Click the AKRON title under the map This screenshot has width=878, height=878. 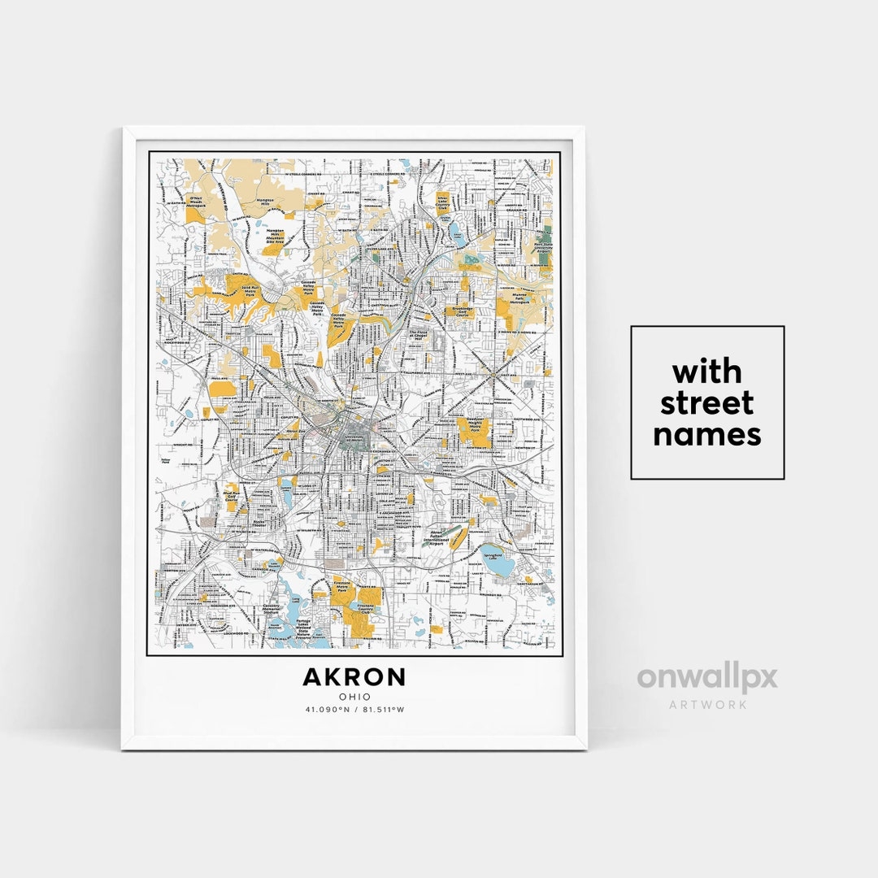(354, 676)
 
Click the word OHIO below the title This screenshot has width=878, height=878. (354, 697)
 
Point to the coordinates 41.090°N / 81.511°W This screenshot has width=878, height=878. (354, 710)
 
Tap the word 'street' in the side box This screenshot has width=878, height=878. (706, 403)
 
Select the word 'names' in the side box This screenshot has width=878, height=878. (706, 434)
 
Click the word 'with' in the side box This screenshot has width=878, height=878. (706, 372)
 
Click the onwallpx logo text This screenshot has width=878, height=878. (706, 678)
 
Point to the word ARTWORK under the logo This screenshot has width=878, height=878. (707, 704)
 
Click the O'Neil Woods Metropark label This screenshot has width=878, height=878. (195, 202)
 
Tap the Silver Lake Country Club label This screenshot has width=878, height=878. (443, 202)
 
